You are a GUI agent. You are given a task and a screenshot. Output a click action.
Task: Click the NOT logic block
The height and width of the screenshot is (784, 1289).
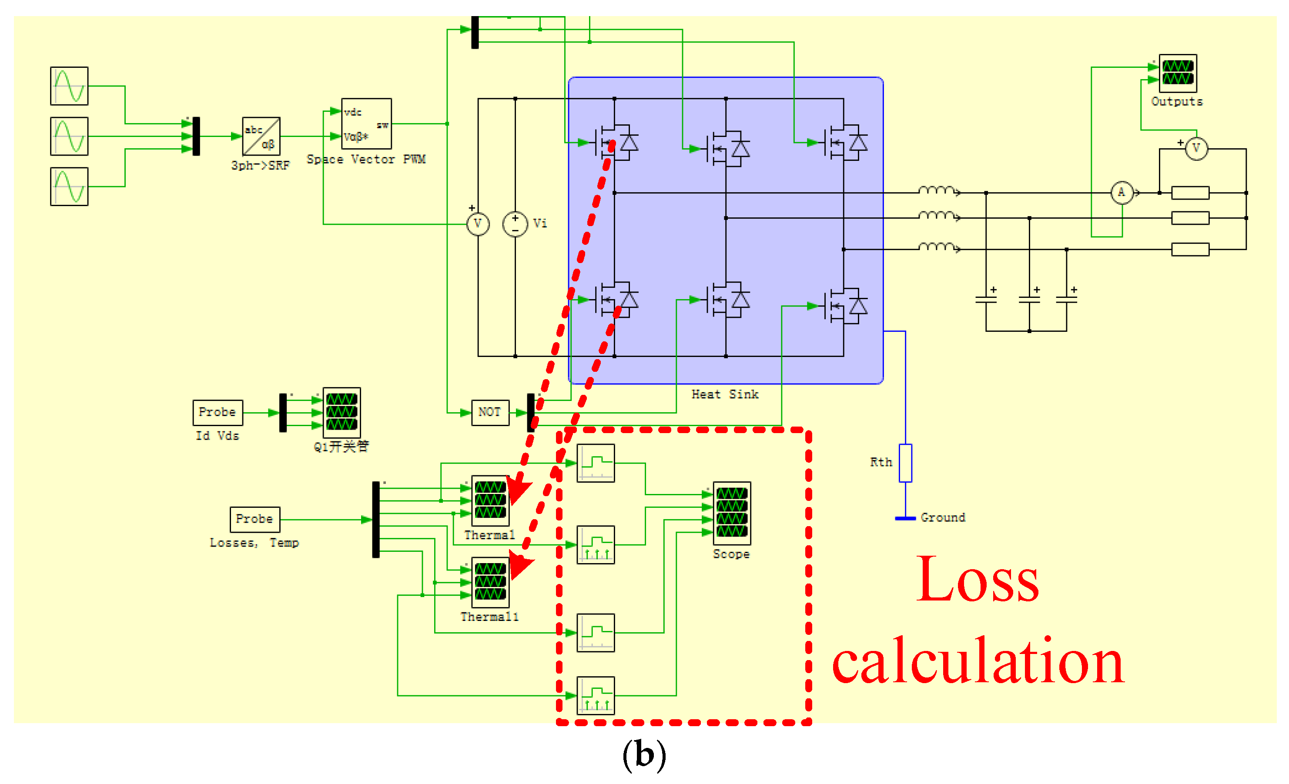coord(490,413)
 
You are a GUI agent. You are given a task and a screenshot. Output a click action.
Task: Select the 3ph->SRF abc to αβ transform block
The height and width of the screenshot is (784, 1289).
coord(261,136)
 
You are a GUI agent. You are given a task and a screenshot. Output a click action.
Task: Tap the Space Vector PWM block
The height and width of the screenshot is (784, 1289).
coord(366,124)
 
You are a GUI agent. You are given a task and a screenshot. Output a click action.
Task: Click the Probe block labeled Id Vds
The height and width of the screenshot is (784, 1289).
coord(218,413)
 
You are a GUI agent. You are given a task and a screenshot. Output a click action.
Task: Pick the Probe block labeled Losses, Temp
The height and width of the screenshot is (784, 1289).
coord(255,519)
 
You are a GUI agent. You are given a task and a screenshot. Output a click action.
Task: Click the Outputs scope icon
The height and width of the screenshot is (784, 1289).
coord(1178,73)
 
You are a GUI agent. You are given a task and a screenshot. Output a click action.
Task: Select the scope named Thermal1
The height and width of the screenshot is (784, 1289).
coord(490,582)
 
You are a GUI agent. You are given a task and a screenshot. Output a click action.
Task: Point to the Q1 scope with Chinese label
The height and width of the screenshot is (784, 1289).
coord(342,413)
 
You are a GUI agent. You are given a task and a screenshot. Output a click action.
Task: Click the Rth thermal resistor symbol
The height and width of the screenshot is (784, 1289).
coord(906,463)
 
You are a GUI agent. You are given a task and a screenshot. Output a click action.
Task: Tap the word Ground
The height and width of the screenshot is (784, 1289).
coord(943,518)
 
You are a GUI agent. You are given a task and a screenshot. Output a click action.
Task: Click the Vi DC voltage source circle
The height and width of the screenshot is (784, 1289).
coord(515,224)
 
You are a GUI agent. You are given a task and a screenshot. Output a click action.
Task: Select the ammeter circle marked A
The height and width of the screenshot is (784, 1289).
coord(1122,193)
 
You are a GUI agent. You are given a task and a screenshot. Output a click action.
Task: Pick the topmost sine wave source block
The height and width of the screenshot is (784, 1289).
coord(69,86)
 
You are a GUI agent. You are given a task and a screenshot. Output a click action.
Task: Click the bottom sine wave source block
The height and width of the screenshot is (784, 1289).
coord(69,187)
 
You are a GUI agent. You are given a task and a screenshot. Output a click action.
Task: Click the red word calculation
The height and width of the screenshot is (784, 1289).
coord(977,662)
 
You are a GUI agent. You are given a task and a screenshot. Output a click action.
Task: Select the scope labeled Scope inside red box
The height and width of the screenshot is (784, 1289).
coord(732,513)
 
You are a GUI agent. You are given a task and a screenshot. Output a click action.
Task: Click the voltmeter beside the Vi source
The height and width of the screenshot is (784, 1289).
coord(478,224)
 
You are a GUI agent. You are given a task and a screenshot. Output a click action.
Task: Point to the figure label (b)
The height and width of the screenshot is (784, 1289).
coord(644,755)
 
